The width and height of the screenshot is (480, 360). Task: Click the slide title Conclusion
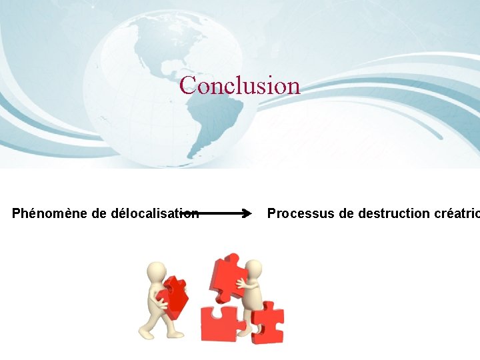[x=240, y=85]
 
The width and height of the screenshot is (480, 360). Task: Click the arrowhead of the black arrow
[x=247, y=214]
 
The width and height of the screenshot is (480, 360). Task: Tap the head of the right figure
[x=253, y=269]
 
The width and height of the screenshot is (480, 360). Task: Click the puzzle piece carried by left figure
[x=175, y=297]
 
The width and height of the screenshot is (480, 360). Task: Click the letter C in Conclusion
[x=188, y=85]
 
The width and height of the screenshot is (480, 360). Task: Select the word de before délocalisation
[x=99, y=213]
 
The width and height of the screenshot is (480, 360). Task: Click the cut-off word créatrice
[x=456, y=213]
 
